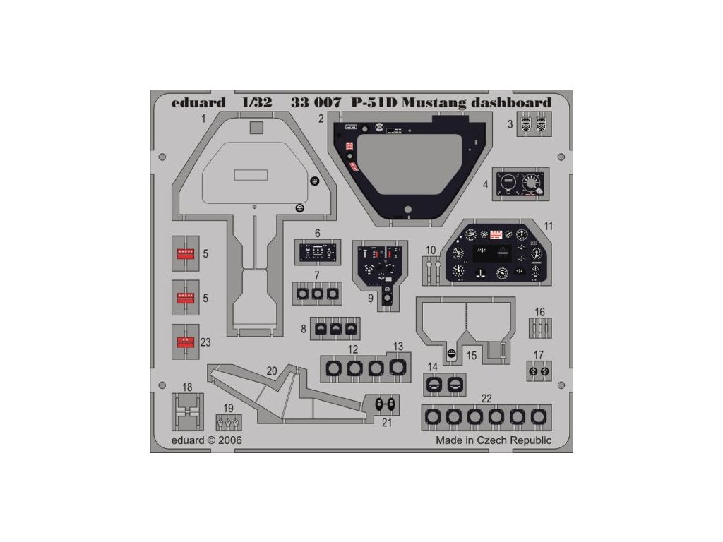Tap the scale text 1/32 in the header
click(x=256, y=102)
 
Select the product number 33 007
click(x=316, y=102)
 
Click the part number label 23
click(x=205, y=342)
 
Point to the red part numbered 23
click(x=185, y=342)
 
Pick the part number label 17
click(x=539, y=355)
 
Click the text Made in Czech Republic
click(x=494, y=440)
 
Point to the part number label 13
click(x=398, y=346)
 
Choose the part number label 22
click(x=486, y=399)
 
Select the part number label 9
click(x=370, y=298)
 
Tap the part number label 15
click(x=472, y=355)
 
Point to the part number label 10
click(x=431, y=250)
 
